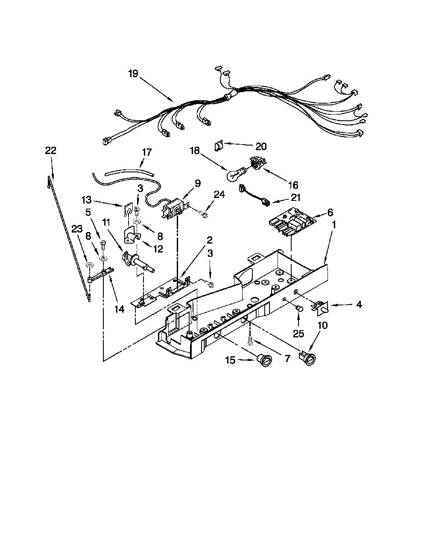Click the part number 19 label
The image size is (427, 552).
point(133,74)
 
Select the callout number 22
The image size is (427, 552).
point(50,151)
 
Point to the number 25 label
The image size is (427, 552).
point(298,334)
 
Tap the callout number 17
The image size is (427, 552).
point(147,152)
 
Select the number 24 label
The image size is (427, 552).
point(219,195)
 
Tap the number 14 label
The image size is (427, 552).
point(119,309)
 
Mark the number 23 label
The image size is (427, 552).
point(77,230)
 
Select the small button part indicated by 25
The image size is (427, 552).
point(300,308)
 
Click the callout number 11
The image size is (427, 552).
point(106,222)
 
